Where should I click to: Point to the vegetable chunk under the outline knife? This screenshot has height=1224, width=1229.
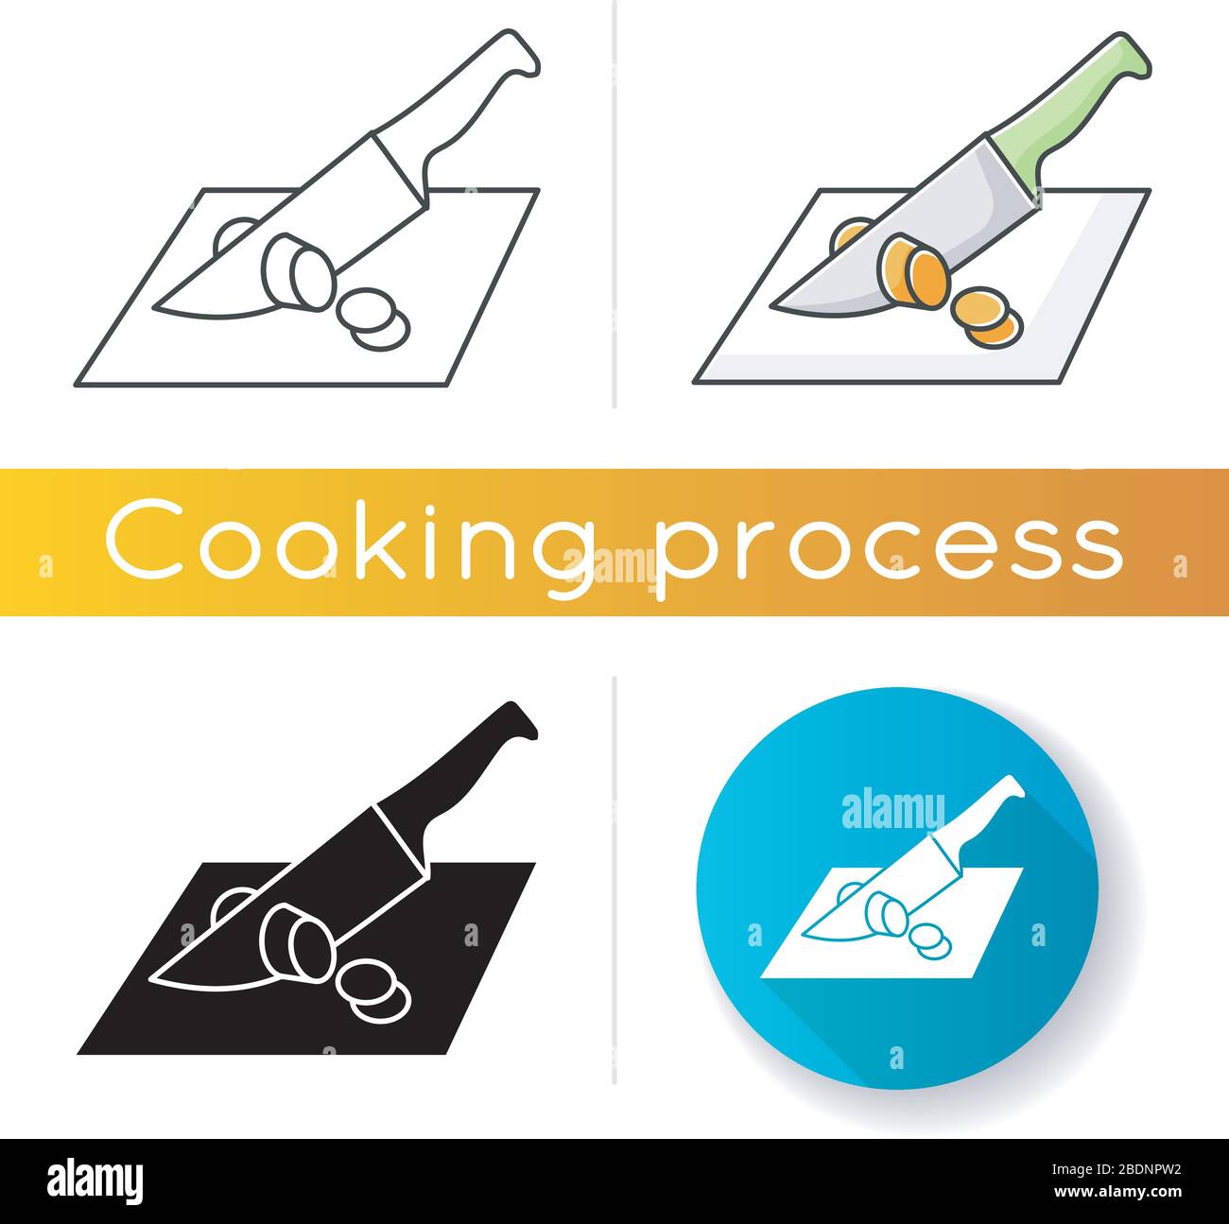coord(297,270)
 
